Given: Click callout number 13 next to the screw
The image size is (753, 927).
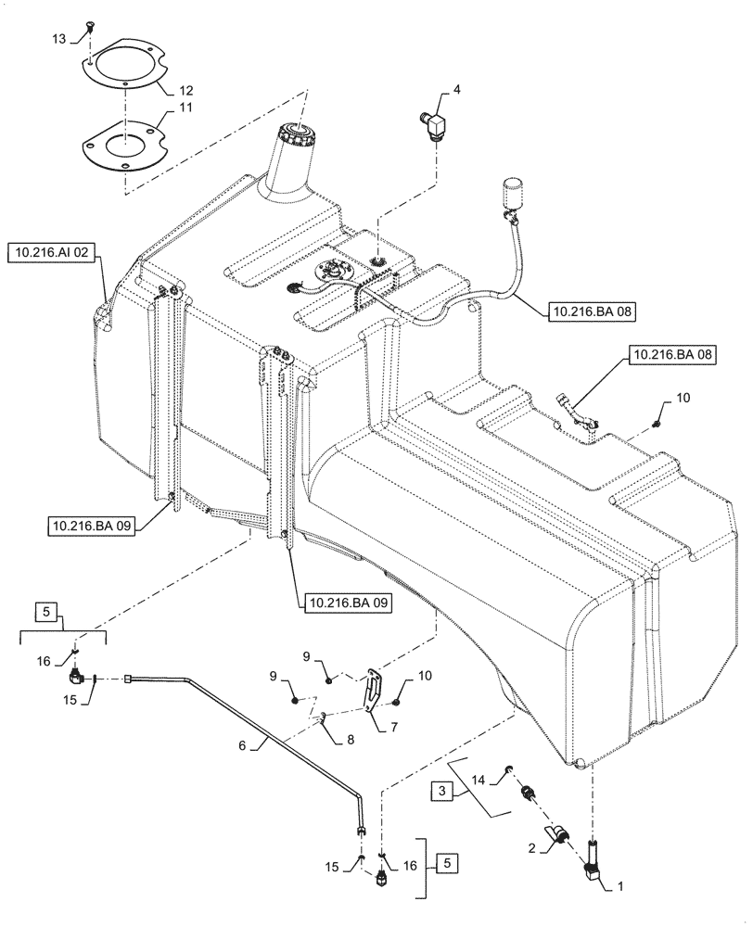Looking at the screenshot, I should pos(58,39).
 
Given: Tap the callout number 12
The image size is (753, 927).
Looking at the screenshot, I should pos(185,90).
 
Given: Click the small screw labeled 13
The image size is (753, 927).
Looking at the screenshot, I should pos(91,29).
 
